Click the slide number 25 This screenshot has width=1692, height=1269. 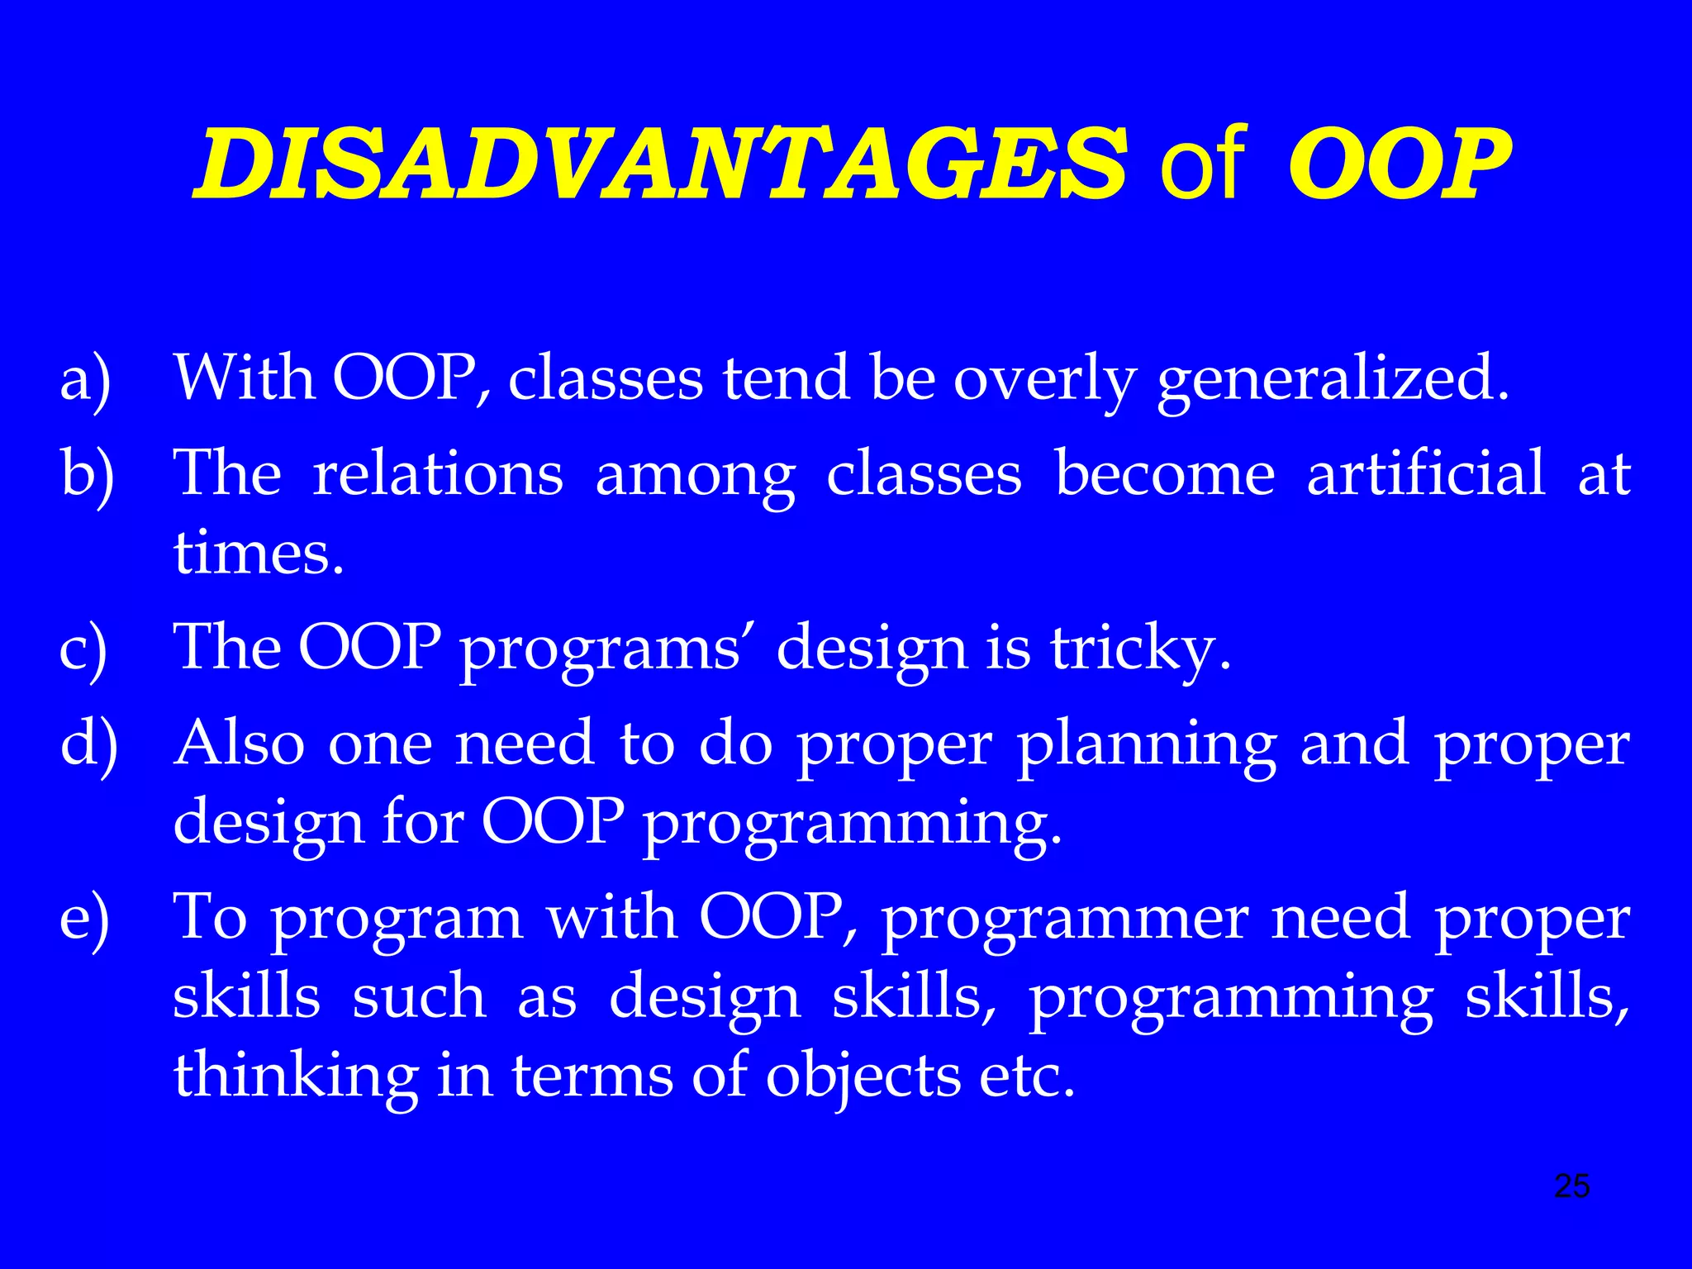pos(1571,1186)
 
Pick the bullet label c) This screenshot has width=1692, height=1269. pos(83,649)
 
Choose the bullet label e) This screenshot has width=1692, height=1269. pos(84,919)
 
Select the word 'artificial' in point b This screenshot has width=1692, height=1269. pos(1425,474)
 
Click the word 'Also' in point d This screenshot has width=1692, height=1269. pos(240,742)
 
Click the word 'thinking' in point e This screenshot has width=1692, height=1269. pos(295,1076)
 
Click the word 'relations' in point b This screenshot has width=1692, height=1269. pos(438,474)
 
